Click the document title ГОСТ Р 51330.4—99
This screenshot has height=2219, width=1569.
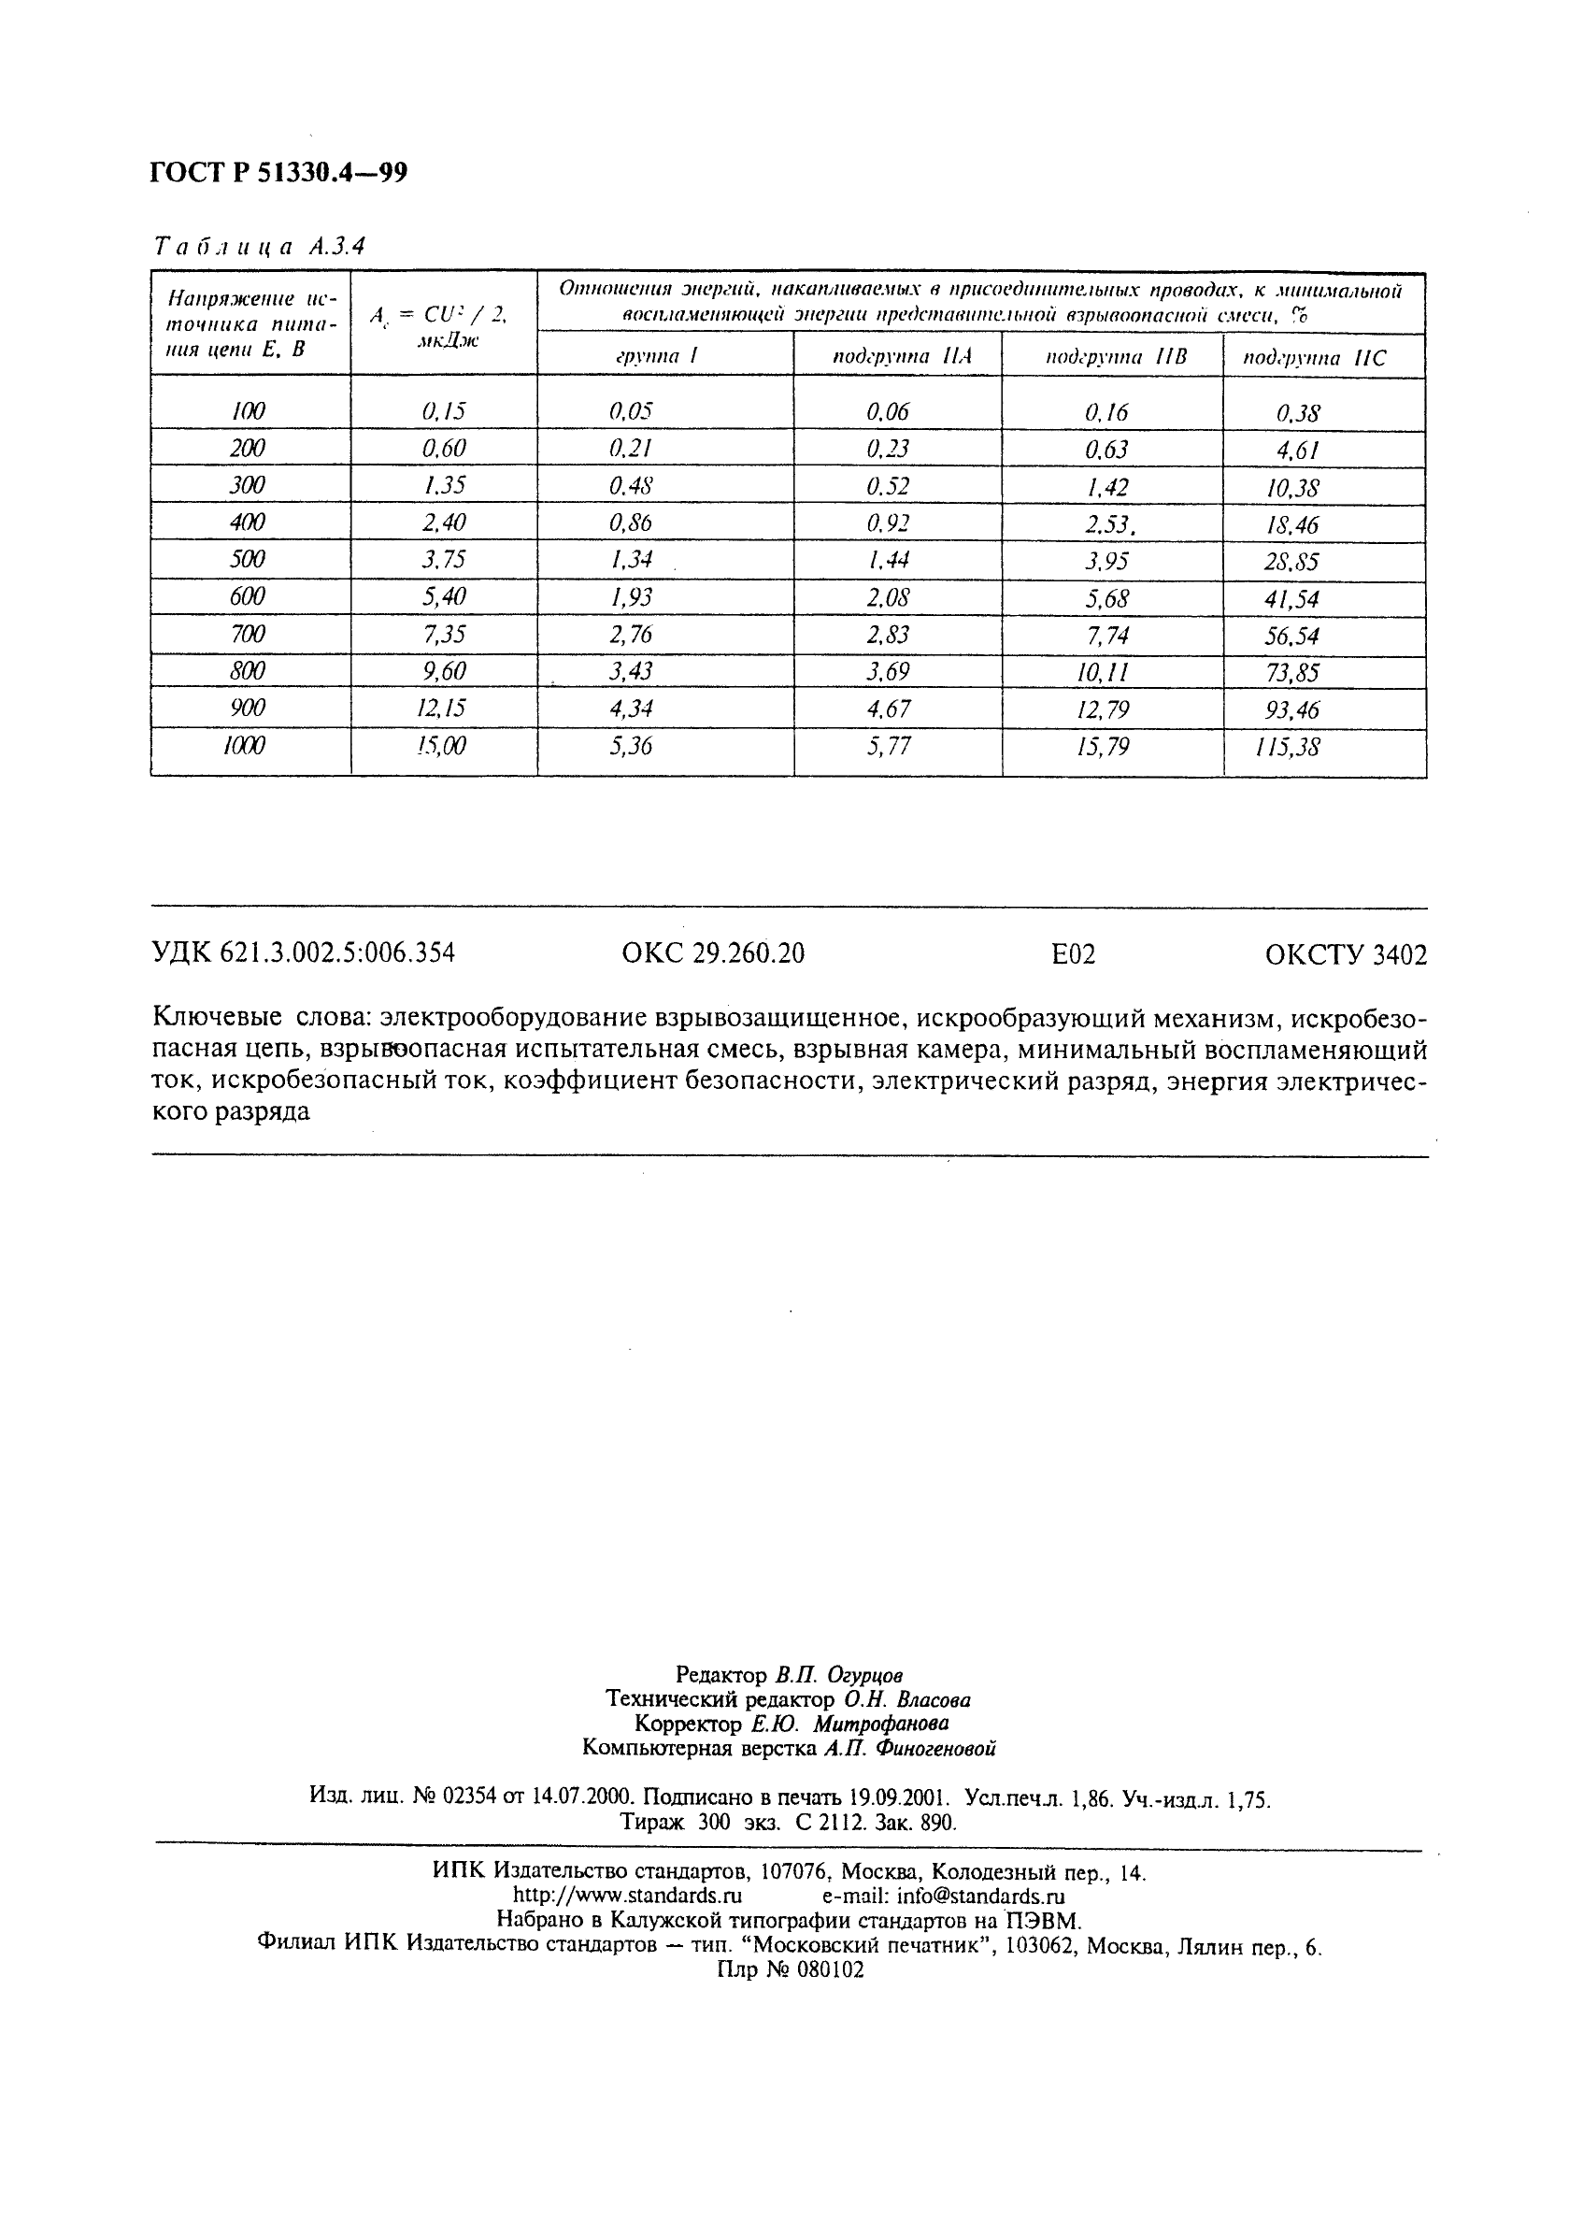279,173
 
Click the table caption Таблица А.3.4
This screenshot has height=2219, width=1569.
259,247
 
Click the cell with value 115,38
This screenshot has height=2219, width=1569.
1291,747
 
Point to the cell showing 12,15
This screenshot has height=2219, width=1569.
440,709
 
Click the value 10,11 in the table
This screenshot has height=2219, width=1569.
1103,672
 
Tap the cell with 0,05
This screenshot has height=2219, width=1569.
630,411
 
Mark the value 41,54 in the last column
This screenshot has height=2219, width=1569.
1291,599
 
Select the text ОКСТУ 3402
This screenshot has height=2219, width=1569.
1346,955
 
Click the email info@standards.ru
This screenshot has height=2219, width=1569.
981,1896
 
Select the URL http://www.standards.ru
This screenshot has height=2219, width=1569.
627,1896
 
